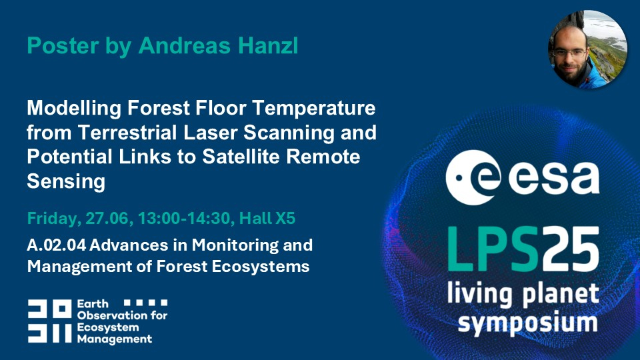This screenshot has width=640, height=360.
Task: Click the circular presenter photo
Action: tap(587, 49)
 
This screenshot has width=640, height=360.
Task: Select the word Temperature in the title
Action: tap(314, 109)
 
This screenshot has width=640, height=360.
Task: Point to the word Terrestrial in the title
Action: tap(127, 132)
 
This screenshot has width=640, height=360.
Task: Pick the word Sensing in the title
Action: tap(66, 181)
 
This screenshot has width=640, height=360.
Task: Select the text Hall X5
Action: tap(267, 219)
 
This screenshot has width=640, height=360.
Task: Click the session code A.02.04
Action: tap(56, 245)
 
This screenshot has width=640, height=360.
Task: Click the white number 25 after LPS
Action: tap(569, 249)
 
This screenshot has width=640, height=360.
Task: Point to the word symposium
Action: tap(527, 323)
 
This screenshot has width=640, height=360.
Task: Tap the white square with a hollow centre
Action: tap(63, 309)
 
